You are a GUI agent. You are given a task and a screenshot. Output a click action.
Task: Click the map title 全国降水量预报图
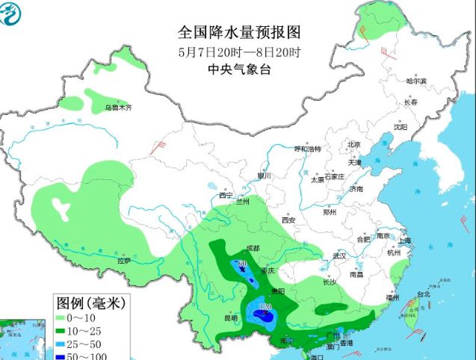tap(238, 33)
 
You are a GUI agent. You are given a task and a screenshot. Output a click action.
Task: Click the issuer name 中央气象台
tap(238, 69)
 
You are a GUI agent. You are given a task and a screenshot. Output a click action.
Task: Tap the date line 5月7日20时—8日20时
tap(238, 52)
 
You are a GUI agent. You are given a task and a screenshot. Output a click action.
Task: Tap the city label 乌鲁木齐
tap(117, 108)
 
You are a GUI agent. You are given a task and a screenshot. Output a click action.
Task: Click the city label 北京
tap(353, 145)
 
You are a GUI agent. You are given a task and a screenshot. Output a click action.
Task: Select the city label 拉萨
tap(123, 261)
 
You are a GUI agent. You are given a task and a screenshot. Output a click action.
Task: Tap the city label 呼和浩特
tap(306, 149)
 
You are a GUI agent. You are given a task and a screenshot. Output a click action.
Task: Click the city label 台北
tap(422, 294)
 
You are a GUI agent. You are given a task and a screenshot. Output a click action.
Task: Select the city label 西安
tap(288, 220)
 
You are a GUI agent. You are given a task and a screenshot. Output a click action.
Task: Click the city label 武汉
tap(341, 255)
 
